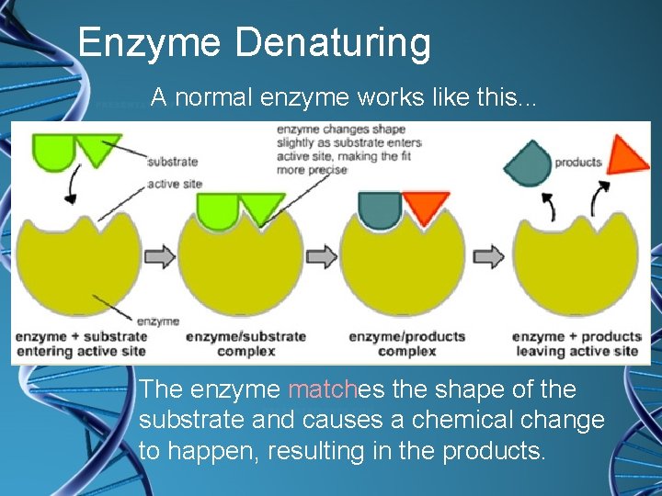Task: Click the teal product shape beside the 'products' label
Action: pos(528,163)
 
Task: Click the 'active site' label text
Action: pos(175,185)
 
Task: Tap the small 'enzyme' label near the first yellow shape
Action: pos(157,321)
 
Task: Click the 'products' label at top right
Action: pos(578,163)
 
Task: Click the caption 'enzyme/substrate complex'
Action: pos(245,344)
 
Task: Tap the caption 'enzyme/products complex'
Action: pos(406,344)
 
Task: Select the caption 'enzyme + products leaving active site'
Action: pos(576,344)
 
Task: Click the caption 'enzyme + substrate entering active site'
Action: pos(81,344)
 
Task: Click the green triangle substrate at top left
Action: pos(97,148)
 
